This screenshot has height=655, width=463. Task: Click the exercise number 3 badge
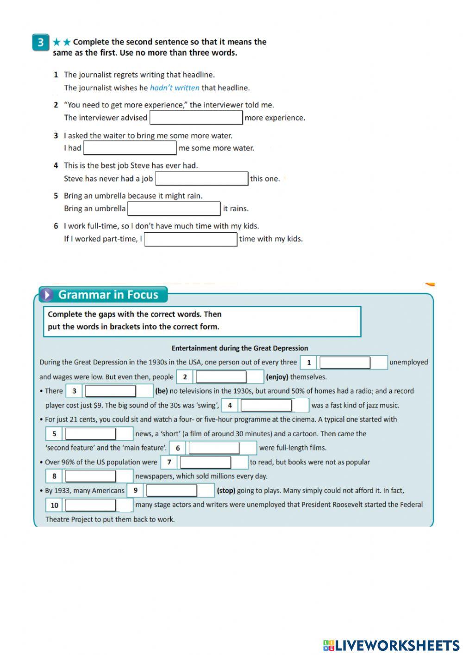coord(40,43)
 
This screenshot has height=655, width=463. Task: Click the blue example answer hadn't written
coord(175,88)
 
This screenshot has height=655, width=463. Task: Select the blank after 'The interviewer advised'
coord(196,118)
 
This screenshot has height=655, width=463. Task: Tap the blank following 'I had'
coord(130,148)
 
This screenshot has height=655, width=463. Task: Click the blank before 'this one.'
coord(201,178)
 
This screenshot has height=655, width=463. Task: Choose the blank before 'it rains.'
coord(174,209)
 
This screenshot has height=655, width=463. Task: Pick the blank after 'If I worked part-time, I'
coord(190,239)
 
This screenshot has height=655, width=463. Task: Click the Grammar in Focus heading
coord(108,295)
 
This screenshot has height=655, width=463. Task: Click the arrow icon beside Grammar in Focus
coord(47,295)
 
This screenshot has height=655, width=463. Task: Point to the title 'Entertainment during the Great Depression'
coord(239,348)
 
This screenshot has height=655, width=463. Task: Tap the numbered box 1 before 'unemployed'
coord(308,362)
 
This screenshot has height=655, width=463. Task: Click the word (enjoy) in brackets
coord(277,377)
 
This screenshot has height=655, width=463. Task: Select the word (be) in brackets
coord(161,391)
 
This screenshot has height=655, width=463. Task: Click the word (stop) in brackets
coord(226,490)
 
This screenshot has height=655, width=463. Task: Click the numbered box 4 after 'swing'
coord(229,405)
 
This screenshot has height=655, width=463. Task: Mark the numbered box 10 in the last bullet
coord(54,505)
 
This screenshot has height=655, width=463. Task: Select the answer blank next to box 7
coord(205,462)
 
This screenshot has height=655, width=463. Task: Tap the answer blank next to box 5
coord(90,434)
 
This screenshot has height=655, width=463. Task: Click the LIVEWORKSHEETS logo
coord(391,645)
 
